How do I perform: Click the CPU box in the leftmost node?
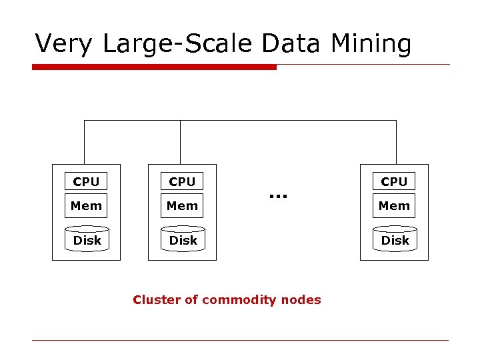[86, 181]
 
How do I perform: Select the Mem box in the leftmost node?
[86, 206]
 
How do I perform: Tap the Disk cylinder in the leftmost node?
[87, 240]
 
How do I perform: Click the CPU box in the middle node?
[182, 181]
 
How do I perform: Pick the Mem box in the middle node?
[182, 206]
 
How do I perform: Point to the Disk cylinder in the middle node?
[183, 240]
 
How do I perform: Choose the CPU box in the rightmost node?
[394, 181]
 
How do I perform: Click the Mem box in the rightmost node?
[394, 206]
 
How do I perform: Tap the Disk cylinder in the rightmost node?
[395, 240]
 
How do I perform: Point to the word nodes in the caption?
[300, 300]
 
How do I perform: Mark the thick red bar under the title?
[154, 67]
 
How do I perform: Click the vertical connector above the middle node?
[180, 142]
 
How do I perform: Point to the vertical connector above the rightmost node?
[396, 142]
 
